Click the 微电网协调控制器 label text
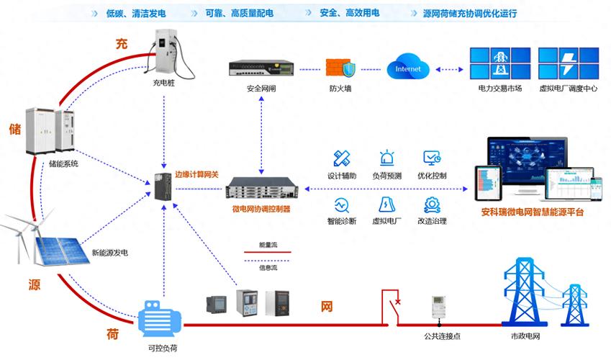click(261, 210)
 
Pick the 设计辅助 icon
click(342, 158)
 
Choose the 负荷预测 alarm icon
click(387, 158)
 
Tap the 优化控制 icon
click(432, 158)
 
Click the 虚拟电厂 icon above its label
click(387, 204)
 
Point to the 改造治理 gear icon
click(432, 204)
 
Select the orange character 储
click(15, 129)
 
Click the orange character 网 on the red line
click(327, 307)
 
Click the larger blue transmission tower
click(525, 292)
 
